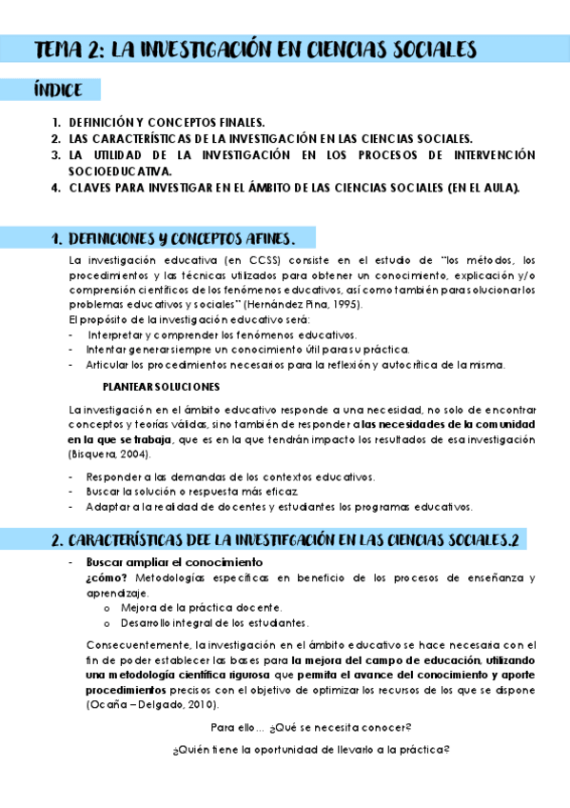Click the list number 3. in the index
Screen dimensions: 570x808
pyautogui.click(x=56, y=154)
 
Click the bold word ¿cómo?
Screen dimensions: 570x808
pyautogui.click(x=107, y=577)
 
